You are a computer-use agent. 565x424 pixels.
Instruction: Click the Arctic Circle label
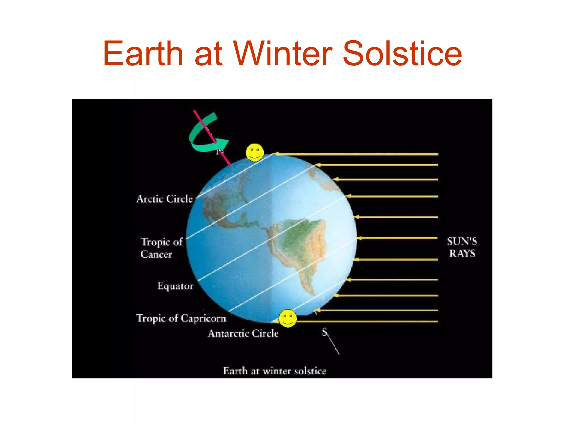point(165,199)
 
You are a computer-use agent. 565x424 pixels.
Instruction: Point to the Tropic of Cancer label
point(161,248)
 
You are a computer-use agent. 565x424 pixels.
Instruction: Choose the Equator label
point(175,286)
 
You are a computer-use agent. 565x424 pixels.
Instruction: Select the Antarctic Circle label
point(243,334)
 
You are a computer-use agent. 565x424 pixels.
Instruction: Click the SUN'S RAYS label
point(462,247)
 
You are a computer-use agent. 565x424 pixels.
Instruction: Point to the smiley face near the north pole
point(255,152)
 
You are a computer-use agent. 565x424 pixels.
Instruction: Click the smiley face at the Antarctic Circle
point(288,318)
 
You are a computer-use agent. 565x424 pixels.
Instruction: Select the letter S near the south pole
point(325,332)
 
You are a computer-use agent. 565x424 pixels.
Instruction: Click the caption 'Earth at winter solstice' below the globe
point(274,371)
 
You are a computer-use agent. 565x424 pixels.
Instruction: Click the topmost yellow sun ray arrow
point(356,154)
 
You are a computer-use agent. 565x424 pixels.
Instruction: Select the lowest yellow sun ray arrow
point(367,322)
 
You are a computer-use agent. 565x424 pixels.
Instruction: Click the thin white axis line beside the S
point(334,345)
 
